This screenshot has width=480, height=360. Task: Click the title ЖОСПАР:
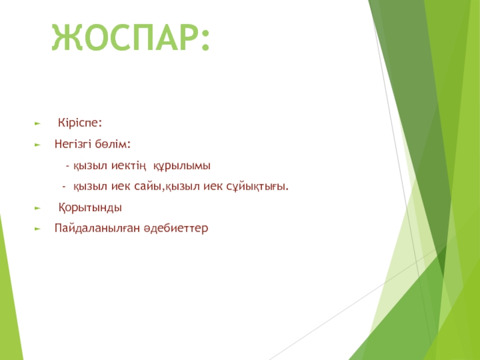[x=131, y=37]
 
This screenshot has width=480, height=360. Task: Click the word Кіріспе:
[x=80, y=123]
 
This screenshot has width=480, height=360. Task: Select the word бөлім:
[x=113, y=143]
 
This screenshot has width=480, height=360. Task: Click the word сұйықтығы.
[x=257, y=187]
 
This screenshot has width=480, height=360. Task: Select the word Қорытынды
[x=90, y=208]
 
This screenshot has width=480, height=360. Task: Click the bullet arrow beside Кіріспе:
[x=38, y=124]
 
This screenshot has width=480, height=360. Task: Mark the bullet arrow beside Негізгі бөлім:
[x=38, y=145]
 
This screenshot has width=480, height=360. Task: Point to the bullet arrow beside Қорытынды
[x=38, y=208]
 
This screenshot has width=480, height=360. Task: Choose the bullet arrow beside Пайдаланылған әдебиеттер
[x=38, y=229]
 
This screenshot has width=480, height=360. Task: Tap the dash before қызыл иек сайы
[x=64, y=187]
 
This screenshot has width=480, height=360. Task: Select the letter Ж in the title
[x=67, y=38]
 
